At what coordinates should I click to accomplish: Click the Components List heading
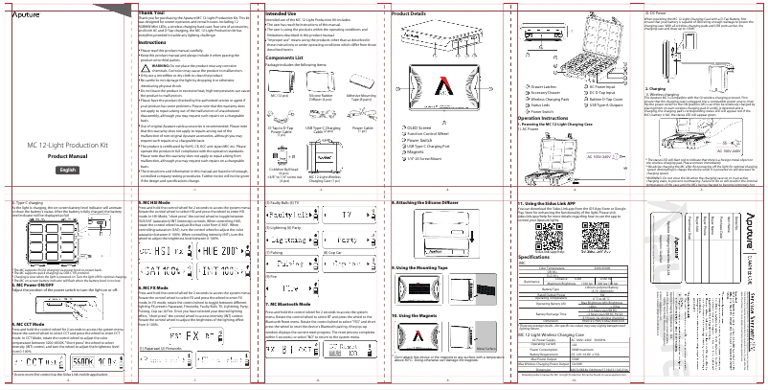coord(284,57)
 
